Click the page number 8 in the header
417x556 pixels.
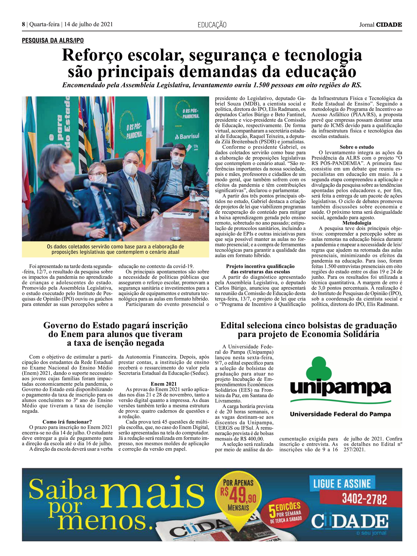[23, 24]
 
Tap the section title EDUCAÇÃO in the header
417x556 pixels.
[212, 25]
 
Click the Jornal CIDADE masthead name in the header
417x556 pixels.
[380, 25]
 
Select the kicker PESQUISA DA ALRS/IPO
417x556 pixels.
[53, 40]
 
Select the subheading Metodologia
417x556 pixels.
[356, 223]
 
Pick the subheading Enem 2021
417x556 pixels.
[163, 384]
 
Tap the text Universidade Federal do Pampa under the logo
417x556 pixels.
[340, 414]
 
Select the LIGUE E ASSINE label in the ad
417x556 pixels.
[342, 484]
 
